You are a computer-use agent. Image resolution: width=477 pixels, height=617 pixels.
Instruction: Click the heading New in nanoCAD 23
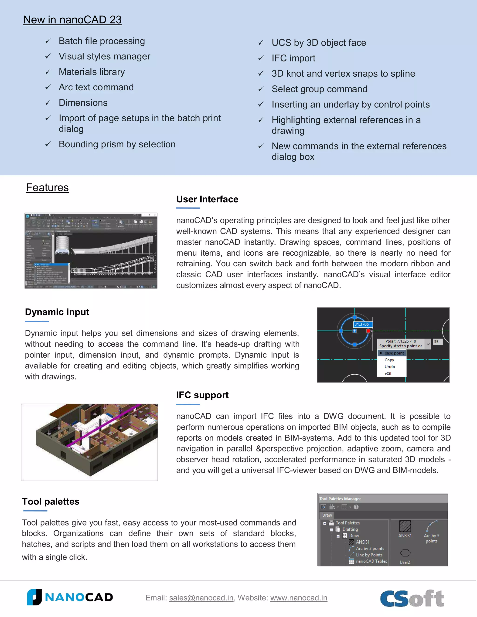pos(72,20)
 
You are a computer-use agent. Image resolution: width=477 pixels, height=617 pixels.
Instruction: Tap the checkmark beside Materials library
pos(48,72)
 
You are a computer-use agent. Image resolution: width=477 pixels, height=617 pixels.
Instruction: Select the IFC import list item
pos(293,58)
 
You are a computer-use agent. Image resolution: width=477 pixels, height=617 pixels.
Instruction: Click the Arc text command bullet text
pos(96,87)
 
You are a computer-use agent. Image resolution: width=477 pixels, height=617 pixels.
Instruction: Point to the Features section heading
pos(48,188)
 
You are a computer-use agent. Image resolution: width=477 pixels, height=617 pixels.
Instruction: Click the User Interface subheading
pos(207,199)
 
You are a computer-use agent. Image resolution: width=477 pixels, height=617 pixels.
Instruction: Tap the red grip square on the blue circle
pos(368,331)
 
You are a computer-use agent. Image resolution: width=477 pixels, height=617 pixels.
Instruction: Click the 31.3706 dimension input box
pos(363,324)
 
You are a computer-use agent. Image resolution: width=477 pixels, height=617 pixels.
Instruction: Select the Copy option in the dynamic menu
pos(389,360)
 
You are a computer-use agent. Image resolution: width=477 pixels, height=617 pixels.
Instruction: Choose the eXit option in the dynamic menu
pos(388,373)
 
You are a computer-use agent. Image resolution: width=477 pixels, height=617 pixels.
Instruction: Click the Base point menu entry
pos(394,353)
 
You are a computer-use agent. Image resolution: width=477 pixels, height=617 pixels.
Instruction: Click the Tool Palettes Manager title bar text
pos(340,499)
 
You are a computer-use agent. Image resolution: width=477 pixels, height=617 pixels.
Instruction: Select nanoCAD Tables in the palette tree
pos(371,561)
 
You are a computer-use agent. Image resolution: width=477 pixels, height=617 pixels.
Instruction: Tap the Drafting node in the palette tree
pos(350,529)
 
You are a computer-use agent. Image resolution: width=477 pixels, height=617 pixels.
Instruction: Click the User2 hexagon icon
pos(405,553)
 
